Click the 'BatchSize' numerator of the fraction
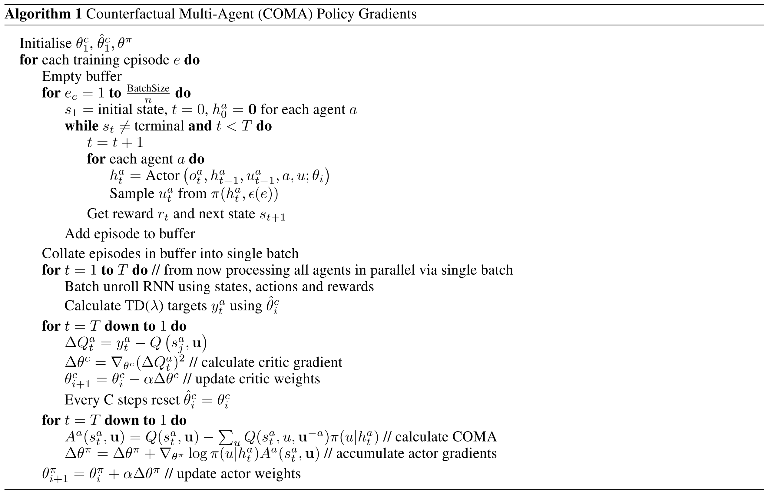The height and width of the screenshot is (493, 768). tap(148, 88)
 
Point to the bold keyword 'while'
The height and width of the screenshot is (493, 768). tap(82, 126)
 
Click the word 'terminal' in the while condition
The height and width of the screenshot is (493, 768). tap(159, 126)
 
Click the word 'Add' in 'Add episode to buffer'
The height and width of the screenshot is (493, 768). tap(75, 234)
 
